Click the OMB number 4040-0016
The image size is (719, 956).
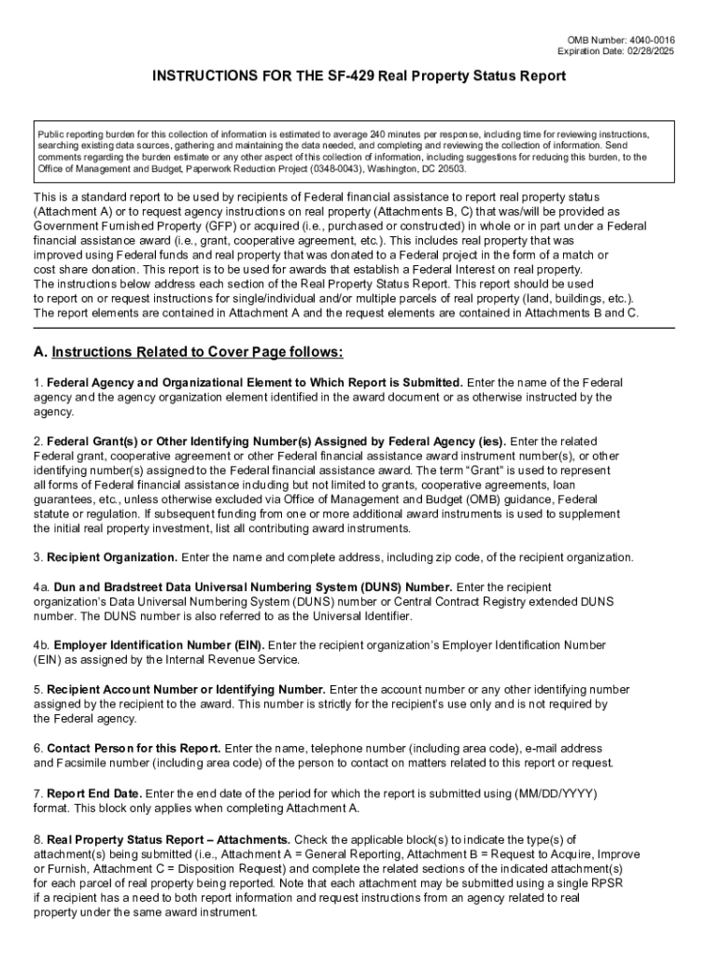point(648,39)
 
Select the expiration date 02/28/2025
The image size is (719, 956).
point(648,50)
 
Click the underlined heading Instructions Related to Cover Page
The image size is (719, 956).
point(198,352)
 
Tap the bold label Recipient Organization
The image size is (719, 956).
point(112,557)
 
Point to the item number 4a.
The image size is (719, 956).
point(41,587)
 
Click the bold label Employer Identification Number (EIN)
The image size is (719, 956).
point(160,645)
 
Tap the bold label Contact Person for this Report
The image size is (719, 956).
point(134,749)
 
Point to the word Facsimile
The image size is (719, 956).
point(84,763)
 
